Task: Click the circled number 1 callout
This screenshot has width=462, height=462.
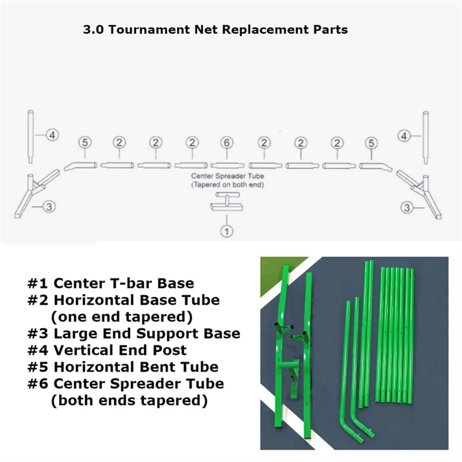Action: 227,231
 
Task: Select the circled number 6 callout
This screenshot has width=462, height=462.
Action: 227,143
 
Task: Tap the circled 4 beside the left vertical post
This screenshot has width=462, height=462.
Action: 52,135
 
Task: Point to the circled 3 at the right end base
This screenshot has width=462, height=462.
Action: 407,208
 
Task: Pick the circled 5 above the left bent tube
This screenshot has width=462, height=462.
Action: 85,143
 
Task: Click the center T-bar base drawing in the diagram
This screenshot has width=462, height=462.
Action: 227,202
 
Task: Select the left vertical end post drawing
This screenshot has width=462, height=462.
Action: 31,137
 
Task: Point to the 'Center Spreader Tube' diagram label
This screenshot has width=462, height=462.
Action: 227,176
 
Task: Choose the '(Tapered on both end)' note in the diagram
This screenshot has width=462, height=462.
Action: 227,185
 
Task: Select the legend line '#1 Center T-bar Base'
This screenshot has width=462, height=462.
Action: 110,283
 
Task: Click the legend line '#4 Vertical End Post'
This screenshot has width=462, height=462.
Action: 107,350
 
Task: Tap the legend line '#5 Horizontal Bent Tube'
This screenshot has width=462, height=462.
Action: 123,367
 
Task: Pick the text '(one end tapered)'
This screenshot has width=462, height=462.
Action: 122,317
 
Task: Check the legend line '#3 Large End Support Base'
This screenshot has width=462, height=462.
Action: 134,334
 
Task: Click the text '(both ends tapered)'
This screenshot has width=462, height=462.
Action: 129,400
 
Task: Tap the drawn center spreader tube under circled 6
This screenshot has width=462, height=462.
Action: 227,165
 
